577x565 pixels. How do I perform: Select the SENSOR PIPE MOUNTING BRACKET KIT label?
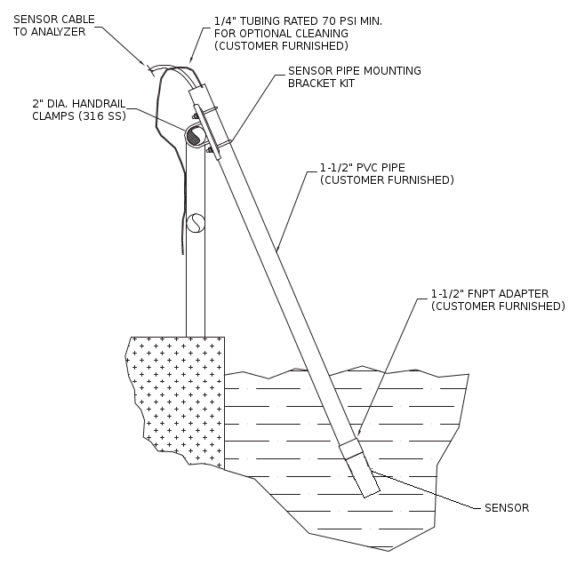pyautogui.click(x=354, y=76)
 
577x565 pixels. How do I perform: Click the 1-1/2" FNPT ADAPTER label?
pyautogui.click(x=489, y=293)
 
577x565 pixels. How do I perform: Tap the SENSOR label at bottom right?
pyautogui.click(x=506, y=508)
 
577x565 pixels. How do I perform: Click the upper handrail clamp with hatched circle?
pyautogui.click(x=195, y=135)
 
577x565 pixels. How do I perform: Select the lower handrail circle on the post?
pyautogui.click(x=196, y=221)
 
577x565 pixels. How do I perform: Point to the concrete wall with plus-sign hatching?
pyautogui.click(x=178, y=391)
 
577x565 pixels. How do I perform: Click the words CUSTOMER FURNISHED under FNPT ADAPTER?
pyautogui.click(x=498, y=306)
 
